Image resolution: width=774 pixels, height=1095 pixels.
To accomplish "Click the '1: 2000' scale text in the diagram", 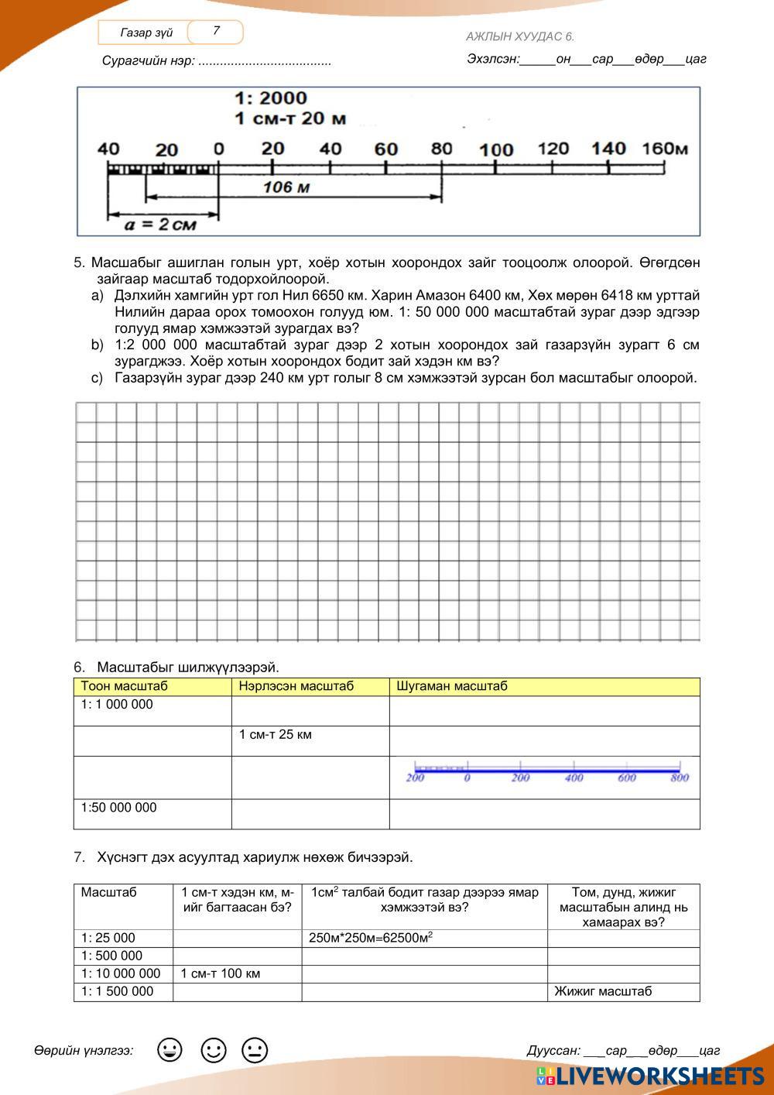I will (x=271, y=98).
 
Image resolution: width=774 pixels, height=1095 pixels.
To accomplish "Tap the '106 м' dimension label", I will (x=286, y=187).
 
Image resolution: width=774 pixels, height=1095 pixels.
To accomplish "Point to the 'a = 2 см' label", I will (x=161, y=225).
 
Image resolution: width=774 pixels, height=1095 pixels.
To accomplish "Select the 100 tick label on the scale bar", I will (x=496, y=149).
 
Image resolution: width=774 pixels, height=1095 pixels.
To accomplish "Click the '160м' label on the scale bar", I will (x=665, y=148).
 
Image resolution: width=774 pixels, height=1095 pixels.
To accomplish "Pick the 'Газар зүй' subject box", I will (x=146, y=33).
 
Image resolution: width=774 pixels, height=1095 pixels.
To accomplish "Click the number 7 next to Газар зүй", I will (x=216, y=31).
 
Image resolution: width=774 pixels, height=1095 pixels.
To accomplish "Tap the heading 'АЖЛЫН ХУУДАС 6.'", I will (x=520, y=36).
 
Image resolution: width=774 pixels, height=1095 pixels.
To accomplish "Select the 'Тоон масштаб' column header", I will (x=125, y=686).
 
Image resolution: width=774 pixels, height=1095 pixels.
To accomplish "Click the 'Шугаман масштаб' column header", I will (x=452, y=686).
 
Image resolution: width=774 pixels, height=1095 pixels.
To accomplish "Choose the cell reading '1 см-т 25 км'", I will (x=276, y=734).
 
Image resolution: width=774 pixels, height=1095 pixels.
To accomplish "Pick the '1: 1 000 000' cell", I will (x=118, y=705).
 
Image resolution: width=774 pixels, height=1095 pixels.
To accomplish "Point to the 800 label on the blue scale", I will (x=680, y=777).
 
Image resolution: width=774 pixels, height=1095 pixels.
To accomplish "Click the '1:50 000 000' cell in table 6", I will (x=119, y=808).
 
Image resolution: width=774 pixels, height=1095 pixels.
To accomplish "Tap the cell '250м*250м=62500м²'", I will (x=371, y=938).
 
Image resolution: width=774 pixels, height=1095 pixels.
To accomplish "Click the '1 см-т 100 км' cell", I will (x=221, y=973).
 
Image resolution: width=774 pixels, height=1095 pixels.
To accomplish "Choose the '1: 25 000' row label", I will (x=108, y=938).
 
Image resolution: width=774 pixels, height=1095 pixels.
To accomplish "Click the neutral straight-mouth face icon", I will (x=254, y=1051).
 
